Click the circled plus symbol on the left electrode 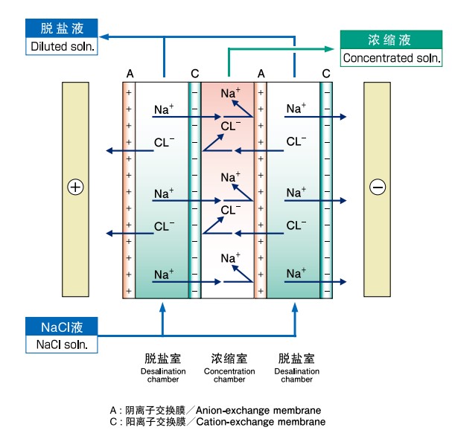click(x=75, y=187)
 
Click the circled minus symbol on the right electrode click(x=378, y=187)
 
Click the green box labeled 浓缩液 click(x=389, y=40)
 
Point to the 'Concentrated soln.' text click(x=388, y=58)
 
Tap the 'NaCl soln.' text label click(x=62, y=344)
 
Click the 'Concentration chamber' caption click(x=229, y=375)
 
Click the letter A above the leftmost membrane click(x=130, y=74)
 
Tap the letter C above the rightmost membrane click(x=326, y=74)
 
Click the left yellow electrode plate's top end click(x=75, y=86)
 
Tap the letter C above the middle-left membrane click(x=195, y=74)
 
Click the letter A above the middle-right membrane click(x=261, y=74)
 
